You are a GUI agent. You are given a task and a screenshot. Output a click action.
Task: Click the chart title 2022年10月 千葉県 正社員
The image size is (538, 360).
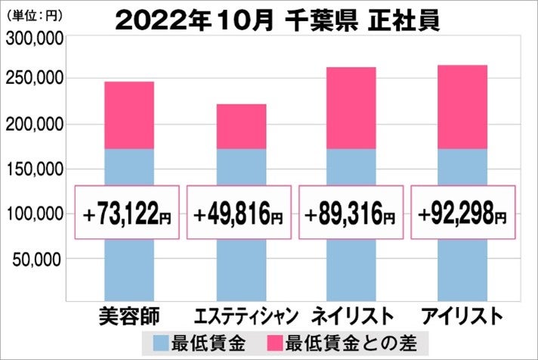[277, 20]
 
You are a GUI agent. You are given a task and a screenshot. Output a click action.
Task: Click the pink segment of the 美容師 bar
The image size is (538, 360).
[128, 115]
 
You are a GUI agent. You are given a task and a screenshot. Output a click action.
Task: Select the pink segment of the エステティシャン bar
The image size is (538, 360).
[240, 126]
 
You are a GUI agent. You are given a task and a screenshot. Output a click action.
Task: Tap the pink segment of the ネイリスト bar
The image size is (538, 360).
[351, 108]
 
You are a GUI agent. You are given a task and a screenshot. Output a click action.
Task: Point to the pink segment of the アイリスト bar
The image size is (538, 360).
[463, 107]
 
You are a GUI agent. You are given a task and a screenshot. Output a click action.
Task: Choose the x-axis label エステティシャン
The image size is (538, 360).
[240, 315]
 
